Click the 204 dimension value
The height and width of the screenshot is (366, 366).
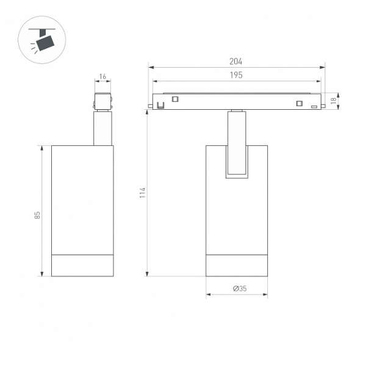(x=235, y=62)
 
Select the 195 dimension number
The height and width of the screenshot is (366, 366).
(x=236, y=75)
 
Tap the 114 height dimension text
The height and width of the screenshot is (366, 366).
(x=142, y=193)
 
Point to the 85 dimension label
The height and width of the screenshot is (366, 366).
(x=37, y=215)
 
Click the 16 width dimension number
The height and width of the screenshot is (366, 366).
(x=102, y=76)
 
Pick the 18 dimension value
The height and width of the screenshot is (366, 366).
(x=334, y=101)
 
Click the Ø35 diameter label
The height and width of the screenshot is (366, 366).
(x=240, y=289)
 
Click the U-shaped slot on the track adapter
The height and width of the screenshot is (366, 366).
(x=160, y=106)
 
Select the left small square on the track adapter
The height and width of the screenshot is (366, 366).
(x=175, y=99)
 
